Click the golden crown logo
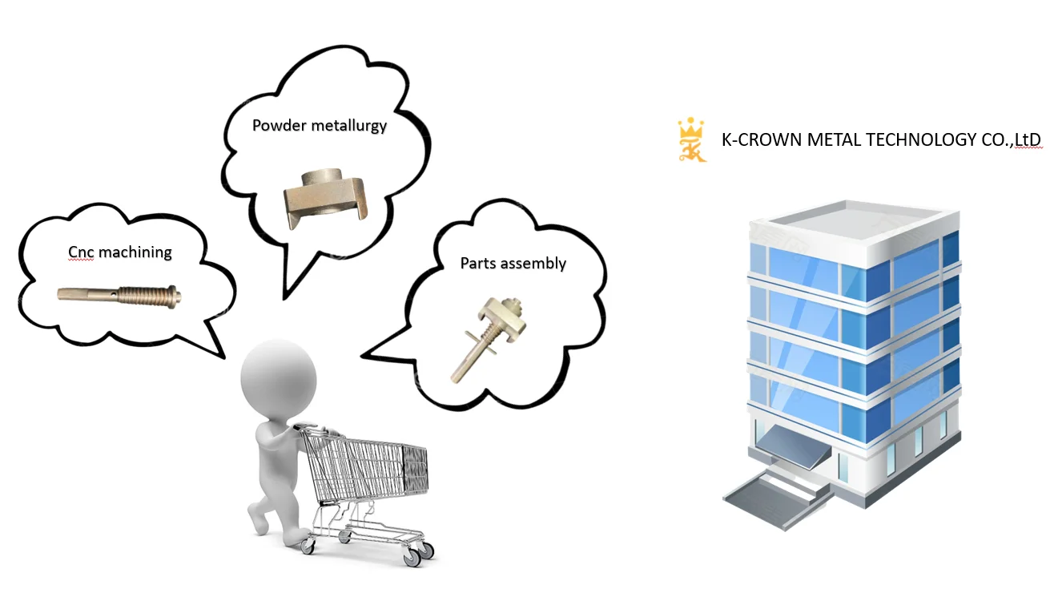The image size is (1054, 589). [691, 140]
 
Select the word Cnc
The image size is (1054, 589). [81, 252]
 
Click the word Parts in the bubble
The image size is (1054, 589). [477, 264]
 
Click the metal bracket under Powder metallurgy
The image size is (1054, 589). [325, 197]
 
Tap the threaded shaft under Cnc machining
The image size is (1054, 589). [120, 295]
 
